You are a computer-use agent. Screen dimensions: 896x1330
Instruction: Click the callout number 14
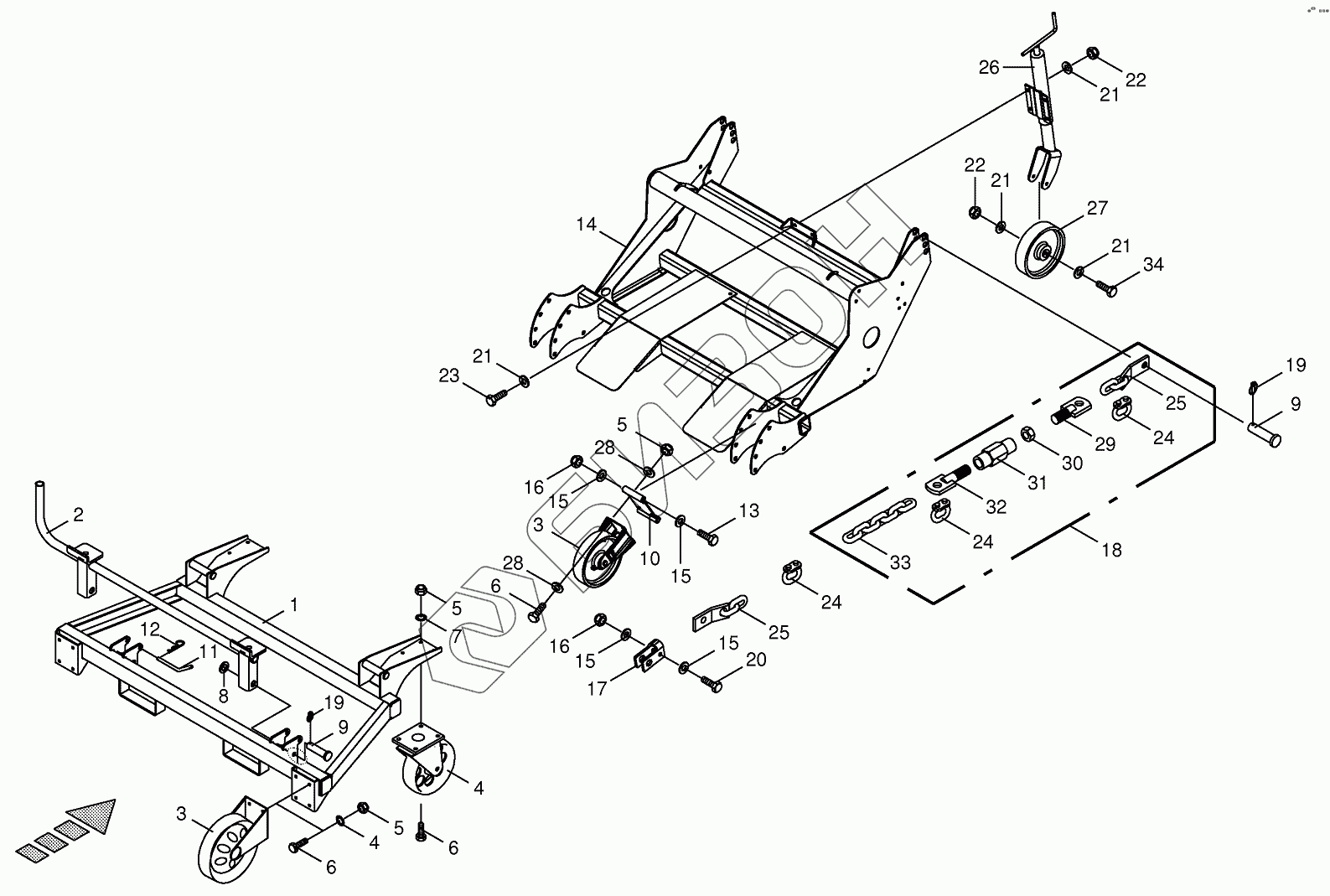pos(586,225)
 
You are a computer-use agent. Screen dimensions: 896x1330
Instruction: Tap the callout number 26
pos(989,68)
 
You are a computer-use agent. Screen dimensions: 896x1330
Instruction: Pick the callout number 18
pos(1111,551)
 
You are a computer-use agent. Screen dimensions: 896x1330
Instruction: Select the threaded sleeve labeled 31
pos(993,457)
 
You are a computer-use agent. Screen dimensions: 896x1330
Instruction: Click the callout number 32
pos(996,507)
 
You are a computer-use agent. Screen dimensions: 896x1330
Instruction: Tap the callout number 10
pos(650,558)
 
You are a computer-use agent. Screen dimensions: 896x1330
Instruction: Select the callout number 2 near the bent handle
pos(78,515)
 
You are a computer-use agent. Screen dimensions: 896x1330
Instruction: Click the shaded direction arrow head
pos(92,815)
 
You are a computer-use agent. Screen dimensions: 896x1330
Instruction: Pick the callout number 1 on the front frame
pos(293,603)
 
